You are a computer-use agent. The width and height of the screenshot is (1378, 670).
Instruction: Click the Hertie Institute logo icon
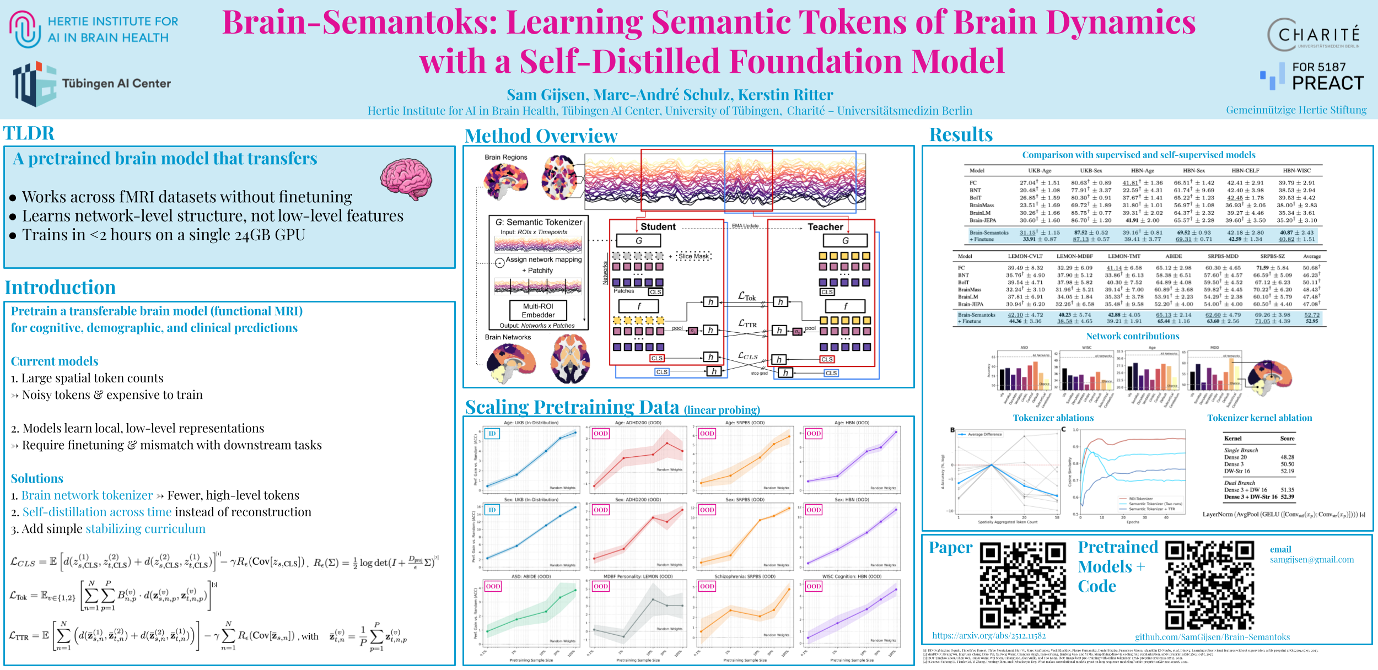(x=25, y=30)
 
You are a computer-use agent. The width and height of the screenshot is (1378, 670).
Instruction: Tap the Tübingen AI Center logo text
(x=116, y=84)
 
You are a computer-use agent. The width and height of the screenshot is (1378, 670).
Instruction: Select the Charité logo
(x=1314, y=34)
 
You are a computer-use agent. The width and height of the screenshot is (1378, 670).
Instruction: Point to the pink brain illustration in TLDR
(x=406, y=179)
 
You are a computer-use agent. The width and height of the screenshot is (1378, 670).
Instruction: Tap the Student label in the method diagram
(x=658, y=227)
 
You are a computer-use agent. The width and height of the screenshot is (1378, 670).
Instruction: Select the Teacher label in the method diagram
(x=825, y=227)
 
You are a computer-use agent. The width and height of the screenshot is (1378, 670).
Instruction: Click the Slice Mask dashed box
(x=694, y=256)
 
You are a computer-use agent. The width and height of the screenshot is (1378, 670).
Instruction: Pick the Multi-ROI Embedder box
(x=538, y=310)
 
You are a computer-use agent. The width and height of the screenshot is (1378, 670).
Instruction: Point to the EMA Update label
(x=745, y=226)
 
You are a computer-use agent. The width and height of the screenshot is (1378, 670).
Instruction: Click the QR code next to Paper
(x=1023, y=585)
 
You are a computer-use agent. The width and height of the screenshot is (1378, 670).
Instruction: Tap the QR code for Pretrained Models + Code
(x=1210, y=585)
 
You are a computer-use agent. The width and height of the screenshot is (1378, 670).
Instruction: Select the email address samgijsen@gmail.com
(x=1312, y=560)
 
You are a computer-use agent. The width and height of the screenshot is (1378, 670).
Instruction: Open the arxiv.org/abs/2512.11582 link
(x=989, y=636)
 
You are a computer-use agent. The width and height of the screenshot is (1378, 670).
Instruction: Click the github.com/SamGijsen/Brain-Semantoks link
(x=1213, y=637)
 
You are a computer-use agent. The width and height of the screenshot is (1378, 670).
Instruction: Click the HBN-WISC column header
(x=1296, y=171)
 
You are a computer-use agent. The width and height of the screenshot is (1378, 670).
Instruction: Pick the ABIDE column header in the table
(x=1174, y=256)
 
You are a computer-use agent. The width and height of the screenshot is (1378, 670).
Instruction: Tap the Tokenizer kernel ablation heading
(x=1259, y=418)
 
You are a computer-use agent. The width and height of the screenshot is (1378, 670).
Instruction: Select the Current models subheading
(x=55, y=361)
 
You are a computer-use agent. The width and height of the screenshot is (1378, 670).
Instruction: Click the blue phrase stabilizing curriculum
(x=146, y=529)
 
